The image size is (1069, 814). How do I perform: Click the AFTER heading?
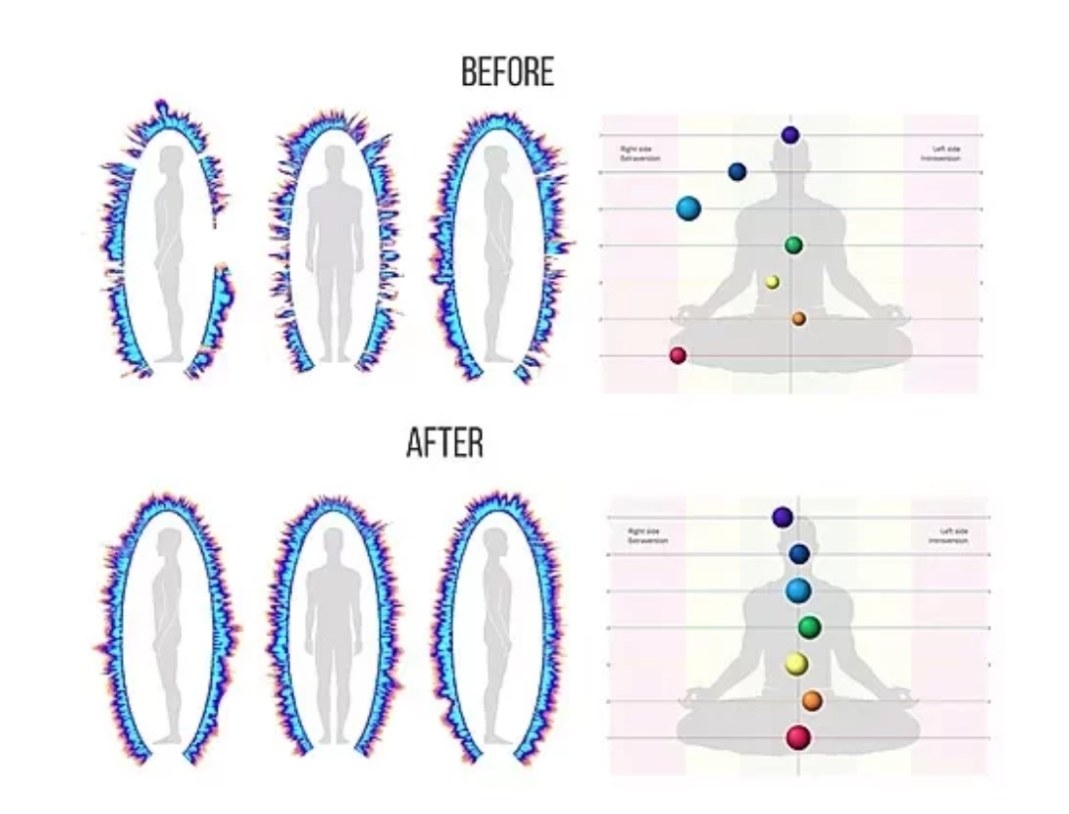(444, 444)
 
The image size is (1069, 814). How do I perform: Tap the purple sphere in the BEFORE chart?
(790, 135)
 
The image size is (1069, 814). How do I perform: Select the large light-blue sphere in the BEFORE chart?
(689, 208)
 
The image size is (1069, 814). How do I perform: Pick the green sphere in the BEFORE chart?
(793, 244)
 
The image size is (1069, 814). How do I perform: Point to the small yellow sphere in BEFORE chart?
(772, 282)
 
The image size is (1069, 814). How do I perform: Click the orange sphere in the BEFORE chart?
(798, 318)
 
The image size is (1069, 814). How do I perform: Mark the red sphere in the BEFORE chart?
(678, 355)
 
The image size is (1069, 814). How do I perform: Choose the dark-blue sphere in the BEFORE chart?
(736, 172)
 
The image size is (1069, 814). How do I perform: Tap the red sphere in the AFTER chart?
(798, 737)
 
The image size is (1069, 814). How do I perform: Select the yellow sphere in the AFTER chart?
(797, 664)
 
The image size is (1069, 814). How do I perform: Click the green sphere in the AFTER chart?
(810, 627)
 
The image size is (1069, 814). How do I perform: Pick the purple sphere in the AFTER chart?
(782, 516)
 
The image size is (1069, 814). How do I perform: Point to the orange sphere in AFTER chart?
(812, 700)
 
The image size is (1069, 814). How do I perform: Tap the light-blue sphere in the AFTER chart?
(798, 590)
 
